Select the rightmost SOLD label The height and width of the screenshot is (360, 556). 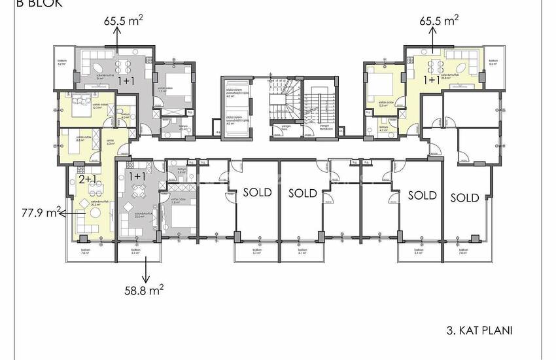[x=464, y=197]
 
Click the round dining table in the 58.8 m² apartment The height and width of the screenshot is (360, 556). [x=138, y=192]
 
